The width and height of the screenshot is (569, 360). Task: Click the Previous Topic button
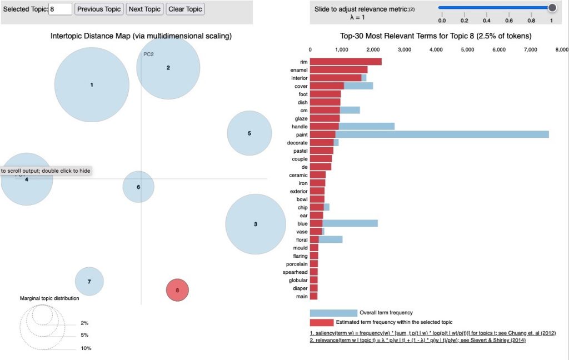(98, 9)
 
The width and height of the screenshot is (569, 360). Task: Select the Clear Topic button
(186, 9)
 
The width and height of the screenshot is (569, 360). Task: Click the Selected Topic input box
(61, 9)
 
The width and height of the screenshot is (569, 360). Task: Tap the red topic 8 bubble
(177, 290)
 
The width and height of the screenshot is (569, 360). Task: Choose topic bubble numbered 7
(89, 282)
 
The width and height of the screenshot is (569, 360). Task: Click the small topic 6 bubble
(138, 187)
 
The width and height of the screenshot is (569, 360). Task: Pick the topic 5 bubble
(249, 133)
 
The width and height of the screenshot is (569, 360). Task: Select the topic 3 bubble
(255, 224)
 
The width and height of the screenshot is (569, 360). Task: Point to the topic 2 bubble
(168, 68)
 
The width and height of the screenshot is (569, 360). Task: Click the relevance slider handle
(552, 7)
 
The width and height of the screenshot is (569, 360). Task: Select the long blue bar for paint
(442, 134)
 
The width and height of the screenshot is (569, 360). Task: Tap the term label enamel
(298, 70)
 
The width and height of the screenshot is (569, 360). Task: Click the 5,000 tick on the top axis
(468, 49)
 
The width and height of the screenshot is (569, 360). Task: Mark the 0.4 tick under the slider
(486, 21)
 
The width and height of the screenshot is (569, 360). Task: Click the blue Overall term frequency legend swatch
(333, 313)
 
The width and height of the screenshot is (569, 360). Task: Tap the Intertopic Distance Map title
(141, 37)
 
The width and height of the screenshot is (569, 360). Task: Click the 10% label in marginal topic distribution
(85, 348)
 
